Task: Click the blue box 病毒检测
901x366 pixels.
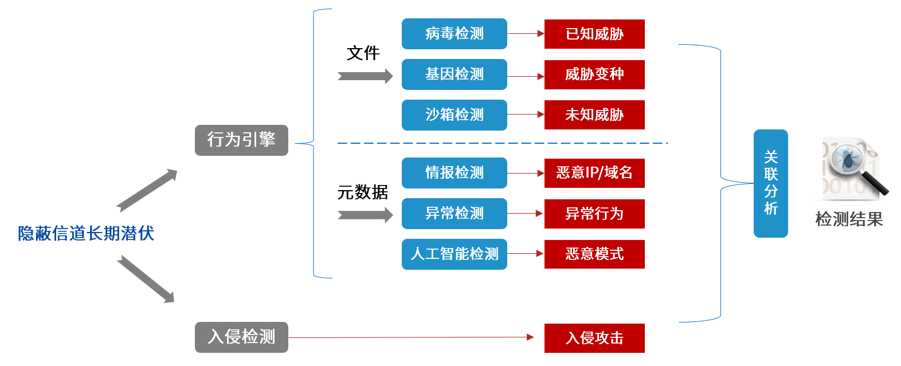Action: pos(454,34)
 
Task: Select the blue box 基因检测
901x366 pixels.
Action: pos(454,74)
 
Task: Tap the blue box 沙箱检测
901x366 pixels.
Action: pos(454,115)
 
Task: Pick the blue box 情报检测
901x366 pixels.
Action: pos(454,173)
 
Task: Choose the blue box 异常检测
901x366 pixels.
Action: pos(454,214)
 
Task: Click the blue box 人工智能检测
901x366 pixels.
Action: pos(454,254)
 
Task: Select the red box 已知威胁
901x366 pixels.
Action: pos(594,34)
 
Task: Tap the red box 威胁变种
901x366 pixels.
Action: pos(594,74)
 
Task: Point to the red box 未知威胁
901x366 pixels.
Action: pos(594,115)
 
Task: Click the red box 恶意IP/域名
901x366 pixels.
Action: pos(594,173)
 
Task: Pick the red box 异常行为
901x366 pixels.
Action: pos(594,214)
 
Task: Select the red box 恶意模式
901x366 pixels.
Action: pos(594,254)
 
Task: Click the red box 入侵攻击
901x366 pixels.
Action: pos(594,338)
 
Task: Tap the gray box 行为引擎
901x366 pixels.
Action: pos(241,140)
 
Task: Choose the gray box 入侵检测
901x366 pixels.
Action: pos(241,337)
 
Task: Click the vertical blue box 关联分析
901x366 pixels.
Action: pos(770,183)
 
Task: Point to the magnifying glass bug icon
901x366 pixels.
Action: pos(853,168)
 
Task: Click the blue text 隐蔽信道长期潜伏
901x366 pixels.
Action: pos(86,234)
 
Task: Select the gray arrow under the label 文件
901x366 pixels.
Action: pos(365,76)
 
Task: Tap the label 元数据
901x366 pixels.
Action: pos(362,192)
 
